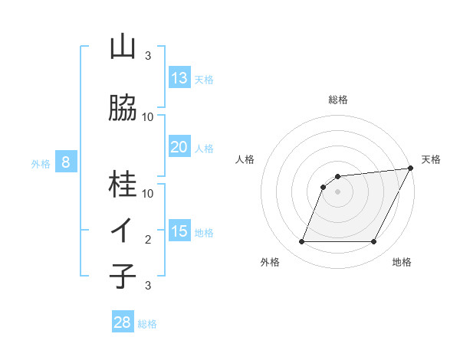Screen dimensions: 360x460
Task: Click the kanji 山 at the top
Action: pyautogui.click(x=123, y=47)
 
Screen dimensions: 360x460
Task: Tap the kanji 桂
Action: pyautogui.click(x=123, y=184)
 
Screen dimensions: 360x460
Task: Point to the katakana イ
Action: pyautogui.click(x=123, y=231)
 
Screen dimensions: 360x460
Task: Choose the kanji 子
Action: pyautogui.click(x=123, y=276)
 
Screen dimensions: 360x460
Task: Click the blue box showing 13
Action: pyautogui.click(x=179, y=77)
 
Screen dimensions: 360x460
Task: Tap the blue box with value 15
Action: pyautogui.click(x=179, y=231)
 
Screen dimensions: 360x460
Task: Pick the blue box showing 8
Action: pyautogui.click(x=66, y=162)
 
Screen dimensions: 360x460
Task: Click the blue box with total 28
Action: pyautogui.click(x=122, y=322)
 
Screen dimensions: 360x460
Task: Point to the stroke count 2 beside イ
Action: pyautogui.click(x=148, y=240)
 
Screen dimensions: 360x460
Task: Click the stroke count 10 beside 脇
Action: pyautogui.click(x=148, y=117)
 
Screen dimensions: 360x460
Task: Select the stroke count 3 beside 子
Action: pyautogui.click(x=148, y=286)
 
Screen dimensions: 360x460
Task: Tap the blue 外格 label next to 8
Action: pyautogui.click(x=41, y=163)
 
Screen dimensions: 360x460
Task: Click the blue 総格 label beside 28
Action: pyautogui.click(x=147, y=324)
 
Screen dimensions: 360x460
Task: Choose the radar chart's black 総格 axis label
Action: pyautogui.click(x=337, y=100)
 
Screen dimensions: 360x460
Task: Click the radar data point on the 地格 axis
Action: pyautogui.click(x=374, y=242)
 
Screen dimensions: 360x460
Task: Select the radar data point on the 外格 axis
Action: pyautogui.click(x=301, y=242)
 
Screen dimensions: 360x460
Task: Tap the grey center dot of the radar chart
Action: pyautogui.click(x=337, y=192)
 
